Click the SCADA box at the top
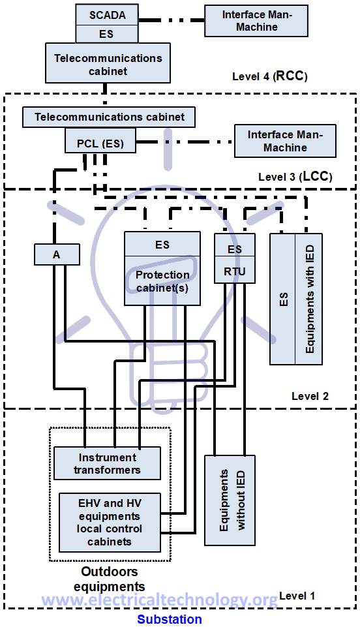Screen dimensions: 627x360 [108, 14]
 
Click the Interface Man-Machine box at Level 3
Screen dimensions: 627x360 [285, 141]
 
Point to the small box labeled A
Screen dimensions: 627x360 [56, 254]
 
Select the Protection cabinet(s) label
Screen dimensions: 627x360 [162, 281]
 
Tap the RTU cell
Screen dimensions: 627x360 [235, 271]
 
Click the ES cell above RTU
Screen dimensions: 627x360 [235, 249]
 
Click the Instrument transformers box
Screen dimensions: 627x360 [107, 463]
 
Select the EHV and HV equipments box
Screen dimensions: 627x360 [110, 522]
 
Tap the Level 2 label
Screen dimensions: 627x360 [310, 396]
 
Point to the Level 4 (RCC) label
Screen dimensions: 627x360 [269, 76]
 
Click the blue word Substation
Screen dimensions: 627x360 [169, 619]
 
